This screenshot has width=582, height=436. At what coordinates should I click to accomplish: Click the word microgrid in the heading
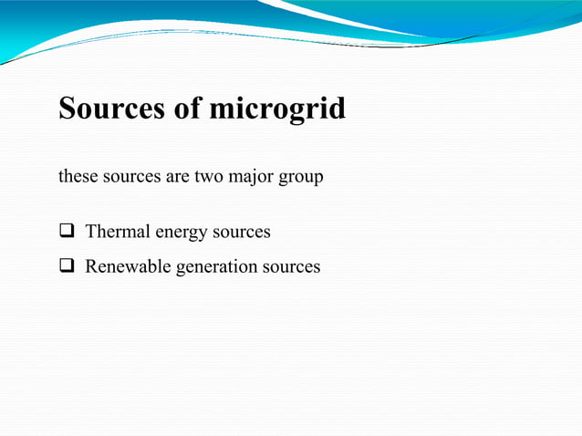(x=277, y=109)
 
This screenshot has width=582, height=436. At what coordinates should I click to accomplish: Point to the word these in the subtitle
(x=77, y=176)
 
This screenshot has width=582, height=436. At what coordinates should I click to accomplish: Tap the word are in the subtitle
(x=178, y=176)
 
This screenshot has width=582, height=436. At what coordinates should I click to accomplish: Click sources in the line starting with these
(x=130, y=176)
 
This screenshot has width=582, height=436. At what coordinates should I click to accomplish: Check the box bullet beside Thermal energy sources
(x=67, y=232)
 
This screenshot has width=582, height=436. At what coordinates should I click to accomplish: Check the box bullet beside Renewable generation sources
(x=67, y=267)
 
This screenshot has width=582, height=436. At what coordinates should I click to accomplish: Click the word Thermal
(x=118, y=232)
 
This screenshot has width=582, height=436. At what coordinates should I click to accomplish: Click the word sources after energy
(x=242, y=232)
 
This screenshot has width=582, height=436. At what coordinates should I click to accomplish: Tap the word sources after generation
(x=291, y=267)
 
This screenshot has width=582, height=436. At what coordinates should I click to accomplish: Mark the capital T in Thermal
(x=90, y=232)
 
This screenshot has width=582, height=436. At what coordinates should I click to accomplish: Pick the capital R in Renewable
(x=91, y=267)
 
